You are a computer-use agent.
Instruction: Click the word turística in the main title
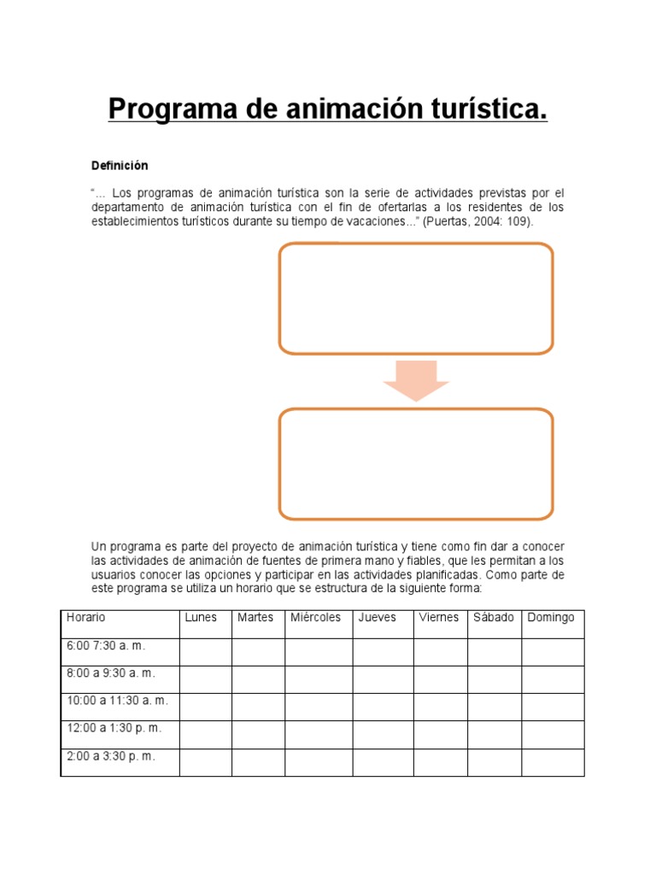488,110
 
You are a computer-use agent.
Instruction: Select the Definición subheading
120,165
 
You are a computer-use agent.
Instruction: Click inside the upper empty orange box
416,298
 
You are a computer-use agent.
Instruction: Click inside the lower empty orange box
416,464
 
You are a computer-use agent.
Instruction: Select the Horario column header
85,617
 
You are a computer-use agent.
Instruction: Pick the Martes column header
255,617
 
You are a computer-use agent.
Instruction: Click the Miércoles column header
315,617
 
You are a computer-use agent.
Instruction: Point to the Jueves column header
378,617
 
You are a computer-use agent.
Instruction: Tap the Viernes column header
438,617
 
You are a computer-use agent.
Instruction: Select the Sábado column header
493,617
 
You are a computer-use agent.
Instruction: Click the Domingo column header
551,617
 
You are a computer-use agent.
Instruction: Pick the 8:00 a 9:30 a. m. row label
111,673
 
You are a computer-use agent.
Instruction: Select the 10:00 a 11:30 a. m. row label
117,701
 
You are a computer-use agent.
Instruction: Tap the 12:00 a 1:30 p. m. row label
114,728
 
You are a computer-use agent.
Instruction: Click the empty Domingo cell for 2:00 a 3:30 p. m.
553,762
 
